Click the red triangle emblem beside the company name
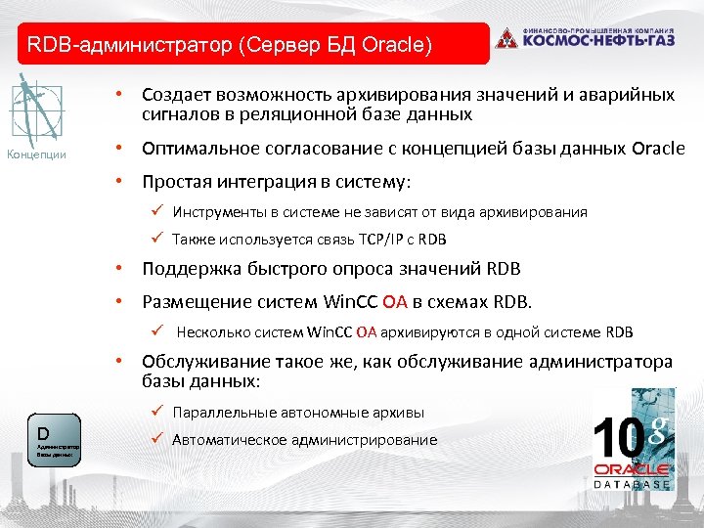click(506, 39)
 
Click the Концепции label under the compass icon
click(36, 154)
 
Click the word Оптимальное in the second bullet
click(195, 150)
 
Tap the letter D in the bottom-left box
click(43, 432)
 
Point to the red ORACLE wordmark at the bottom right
click(633, 468)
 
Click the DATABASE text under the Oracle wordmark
click(633, 484)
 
